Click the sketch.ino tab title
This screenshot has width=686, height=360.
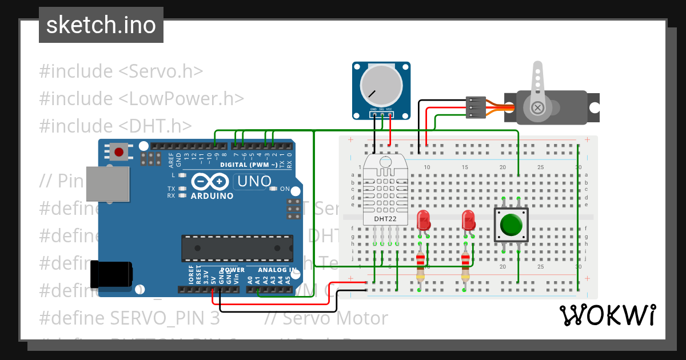[x=101, y=25]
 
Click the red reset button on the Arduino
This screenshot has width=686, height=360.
[x=118, y=152]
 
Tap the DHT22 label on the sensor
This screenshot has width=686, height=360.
[x=385, y=218]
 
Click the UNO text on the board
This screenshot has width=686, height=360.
[x=253, y=182]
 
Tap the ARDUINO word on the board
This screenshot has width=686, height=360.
[x=212, y=196]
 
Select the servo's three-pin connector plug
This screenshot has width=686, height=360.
[x=476, y=107]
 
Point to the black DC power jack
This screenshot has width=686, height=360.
[x=111, y=274]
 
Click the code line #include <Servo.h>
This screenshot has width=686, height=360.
[x=121, y=71]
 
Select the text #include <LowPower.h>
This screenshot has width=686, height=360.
[x=142, y=98]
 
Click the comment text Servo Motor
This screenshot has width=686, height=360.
[x=335, y=318]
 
